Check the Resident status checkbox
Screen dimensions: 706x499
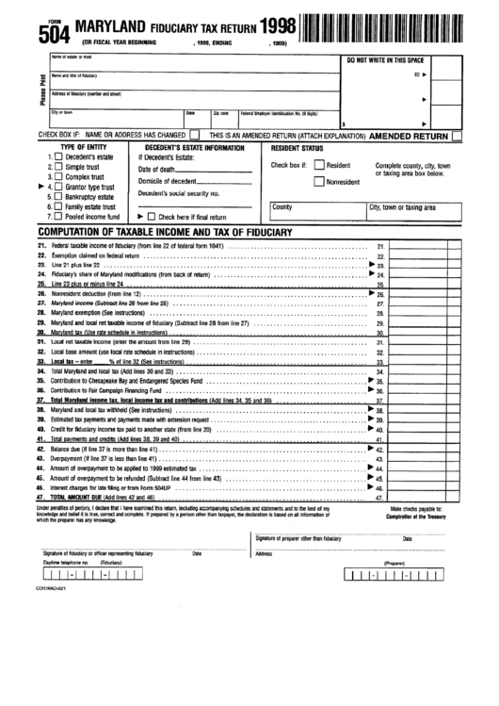[x=318, y=165]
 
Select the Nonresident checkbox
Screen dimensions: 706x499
[x=318, y=183]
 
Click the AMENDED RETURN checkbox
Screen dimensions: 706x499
[x=457, y=136]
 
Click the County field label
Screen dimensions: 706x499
[x=282, y=206]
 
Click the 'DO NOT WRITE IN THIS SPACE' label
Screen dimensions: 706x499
[x=398, y=59]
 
